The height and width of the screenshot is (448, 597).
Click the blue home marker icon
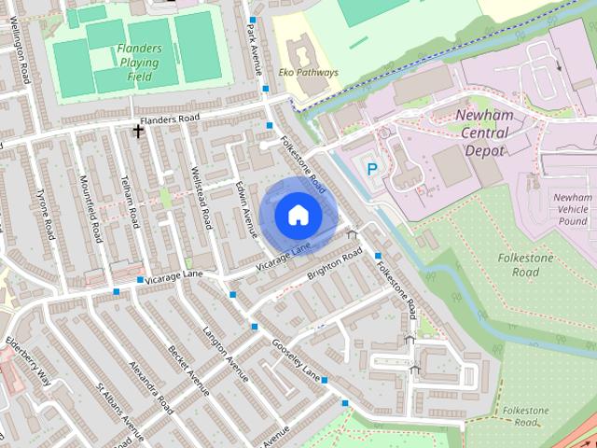coord(298,215)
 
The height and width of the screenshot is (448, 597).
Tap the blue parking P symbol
coord(372,169)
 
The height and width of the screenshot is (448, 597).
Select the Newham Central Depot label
coord(483,132)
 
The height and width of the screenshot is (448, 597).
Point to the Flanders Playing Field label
coord(139,57)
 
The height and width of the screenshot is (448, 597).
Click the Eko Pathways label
coord(309,72)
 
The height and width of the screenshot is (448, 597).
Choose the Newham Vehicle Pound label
coord(572,209)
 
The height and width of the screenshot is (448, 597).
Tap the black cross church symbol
coord(139,132)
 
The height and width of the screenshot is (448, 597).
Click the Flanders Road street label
coord(170,119)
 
